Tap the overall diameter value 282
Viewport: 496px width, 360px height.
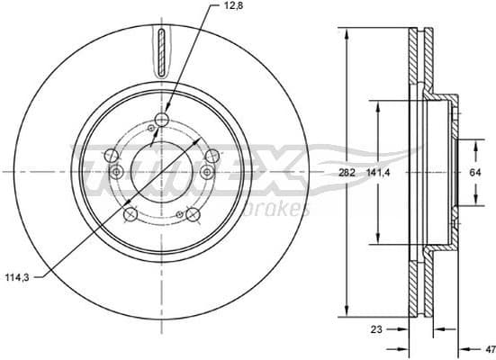tap(347, 170)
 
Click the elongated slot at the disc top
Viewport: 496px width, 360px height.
tap(161, 53)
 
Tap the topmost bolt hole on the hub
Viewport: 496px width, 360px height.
tap(162, 121)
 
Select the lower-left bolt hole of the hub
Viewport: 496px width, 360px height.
tap(131, 214)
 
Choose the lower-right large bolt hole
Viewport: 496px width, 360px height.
tap(192, 213)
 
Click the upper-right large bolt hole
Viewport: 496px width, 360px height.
tap(212, 157)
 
